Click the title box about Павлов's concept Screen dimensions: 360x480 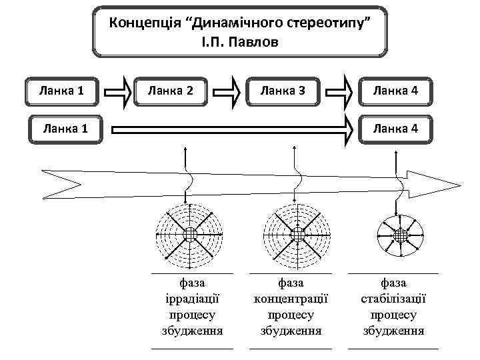[x=240, y=32]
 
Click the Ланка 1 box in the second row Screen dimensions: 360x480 [x=61, y=127]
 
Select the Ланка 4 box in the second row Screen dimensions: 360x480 [x=396, y=127]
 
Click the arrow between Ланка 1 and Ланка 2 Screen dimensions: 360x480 [x=119, y=91]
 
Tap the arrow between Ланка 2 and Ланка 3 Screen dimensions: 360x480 [x=229, y=91]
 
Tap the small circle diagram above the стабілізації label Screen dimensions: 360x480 [x=400, y=235]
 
